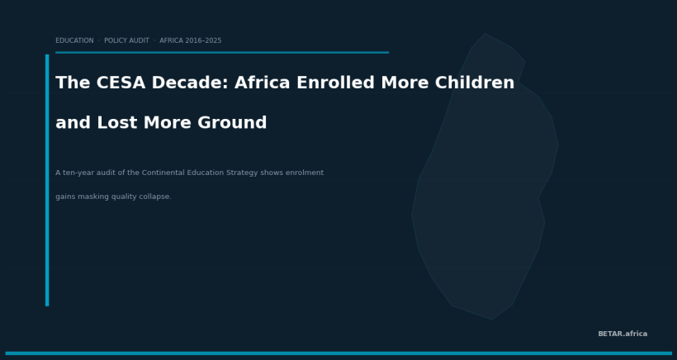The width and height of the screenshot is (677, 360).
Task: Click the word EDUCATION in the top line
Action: [74, 40]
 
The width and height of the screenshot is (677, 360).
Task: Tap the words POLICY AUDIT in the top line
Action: [126, 40]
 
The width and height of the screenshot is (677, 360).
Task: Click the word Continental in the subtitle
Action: [165, 173]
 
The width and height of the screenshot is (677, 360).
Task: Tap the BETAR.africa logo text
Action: [623, 334]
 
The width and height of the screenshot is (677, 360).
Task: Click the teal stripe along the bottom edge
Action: [338, 353]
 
